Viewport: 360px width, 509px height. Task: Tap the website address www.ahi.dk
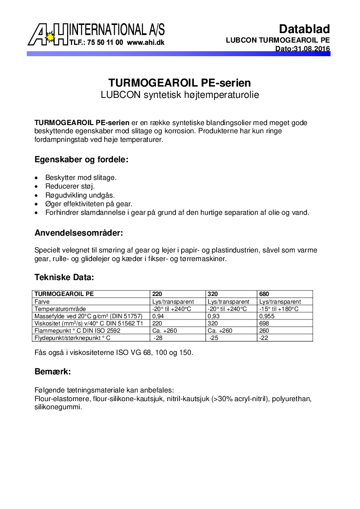click(x=146, y=43)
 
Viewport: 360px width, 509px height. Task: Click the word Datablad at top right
click(x=304, y=29)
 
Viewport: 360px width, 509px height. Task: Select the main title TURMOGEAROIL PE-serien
click(x=180, y=83)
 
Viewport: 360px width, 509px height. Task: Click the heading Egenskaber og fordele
click(x=82, y=160)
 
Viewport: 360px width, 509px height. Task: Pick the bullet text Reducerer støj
click(x=70, y=186)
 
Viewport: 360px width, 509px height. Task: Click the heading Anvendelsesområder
click(x=79, y=233)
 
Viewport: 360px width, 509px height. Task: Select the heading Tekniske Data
click(x=64, y=277)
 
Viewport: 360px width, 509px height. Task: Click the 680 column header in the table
click(x=264, y=294)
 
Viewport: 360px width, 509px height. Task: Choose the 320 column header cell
click(x=212, y=294)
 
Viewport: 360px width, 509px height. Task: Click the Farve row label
click(x=42, y=301)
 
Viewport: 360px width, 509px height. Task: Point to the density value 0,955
click(x=267, y=316)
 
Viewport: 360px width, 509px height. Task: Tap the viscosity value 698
click(x=264, y=323)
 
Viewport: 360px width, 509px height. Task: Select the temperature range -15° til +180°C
click(x=279, y=309)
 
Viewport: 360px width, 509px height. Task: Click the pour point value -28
click(x=158, y=338)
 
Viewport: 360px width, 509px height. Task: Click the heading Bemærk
click(x=53, y=372)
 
